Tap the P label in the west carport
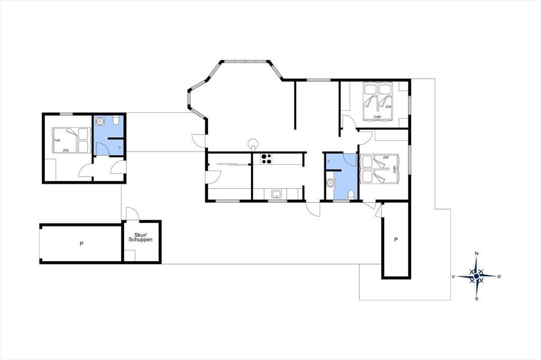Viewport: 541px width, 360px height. pyautogui.click(x=81, y=244)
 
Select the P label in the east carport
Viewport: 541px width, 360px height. pyautogui.click(x=396, y=239)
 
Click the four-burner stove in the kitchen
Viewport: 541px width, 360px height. pyautogui.click(x=266, y=158)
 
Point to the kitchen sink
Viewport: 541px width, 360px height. pyautogui.click(x=276, y=194)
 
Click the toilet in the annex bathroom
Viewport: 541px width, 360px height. pyautogui.click(x=116, y=120)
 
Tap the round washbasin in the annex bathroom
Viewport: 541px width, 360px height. pyautogui.click(x=100, y=121)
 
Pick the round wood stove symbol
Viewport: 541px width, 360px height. pyautogui.click(x=254, y=143)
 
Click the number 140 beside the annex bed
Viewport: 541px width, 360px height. pyautogui.click(x=58, y=140)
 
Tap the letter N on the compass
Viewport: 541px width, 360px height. pyautogui.click(x=477, y=253)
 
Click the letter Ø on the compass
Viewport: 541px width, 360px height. pyautogui.click(x=499, y=276)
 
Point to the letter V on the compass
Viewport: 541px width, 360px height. pyautogui.click(x=453, y=276)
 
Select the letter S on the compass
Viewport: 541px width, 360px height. pyautogui.click(x=477, y=299)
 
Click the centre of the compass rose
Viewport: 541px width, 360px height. pyautogui.click(x=477, y=276)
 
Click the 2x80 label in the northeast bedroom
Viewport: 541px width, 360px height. pyautogui.click(x=377, y=117)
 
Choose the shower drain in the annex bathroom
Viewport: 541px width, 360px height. pyautogui.click(x=119, y=148)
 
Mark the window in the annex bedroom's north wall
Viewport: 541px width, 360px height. pyautogui.click(x=66, y=114)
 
